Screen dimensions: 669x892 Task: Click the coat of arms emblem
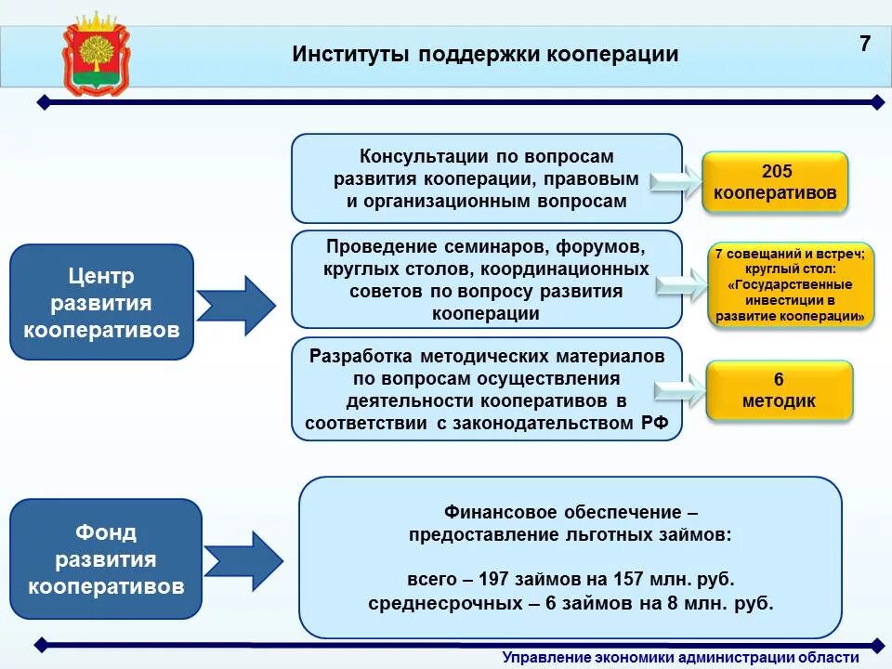click(x=97, y=55)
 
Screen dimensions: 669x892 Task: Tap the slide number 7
click(x=864, y=44)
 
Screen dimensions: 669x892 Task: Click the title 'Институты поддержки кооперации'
click(x=485, y=54)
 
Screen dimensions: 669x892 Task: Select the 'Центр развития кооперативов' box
click(x=101, y=302)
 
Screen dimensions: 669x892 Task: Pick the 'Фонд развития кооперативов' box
click(x=106, y=559)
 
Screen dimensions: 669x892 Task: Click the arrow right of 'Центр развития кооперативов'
click(x=236, y=306)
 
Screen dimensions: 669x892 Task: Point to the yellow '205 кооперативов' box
click(x=775, y=182)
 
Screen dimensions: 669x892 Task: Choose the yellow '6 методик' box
click(x=780, y=390)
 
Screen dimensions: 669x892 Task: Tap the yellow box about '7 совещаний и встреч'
click(x=791, y=285)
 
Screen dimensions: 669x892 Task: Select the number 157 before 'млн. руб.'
click(x=628, y=579)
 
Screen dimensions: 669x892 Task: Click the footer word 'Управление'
click(x=545, y=658)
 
